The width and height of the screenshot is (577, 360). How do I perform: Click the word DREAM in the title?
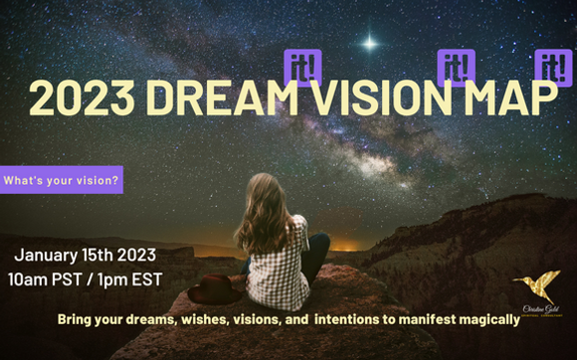pyautogui.click(x=218, y=97)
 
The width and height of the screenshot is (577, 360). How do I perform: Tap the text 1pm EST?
pyautogui.click(x=139, y=273)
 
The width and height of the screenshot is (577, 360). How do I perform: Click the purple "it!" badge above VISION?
pyautogui.click(x=456, y=66)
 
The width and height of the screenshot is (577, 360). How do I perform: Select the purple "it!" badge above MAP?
pyautogui.click(x=553, y=66)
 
